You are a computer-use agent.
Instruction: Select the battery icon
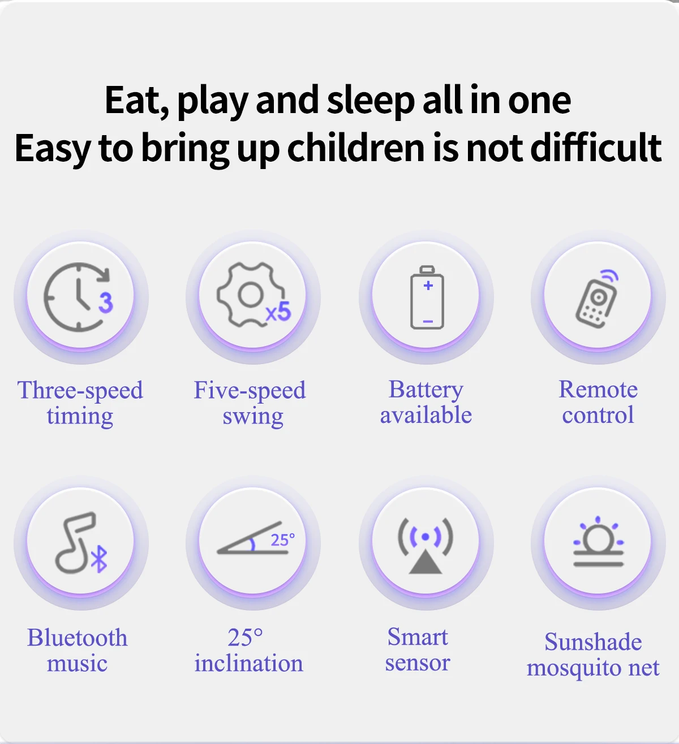click(x=427, y=297)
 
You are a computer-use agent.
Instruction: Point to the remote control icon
click(x=597, y=299)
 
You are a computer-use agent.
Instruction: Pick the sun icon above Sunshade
click(x=598, y=542)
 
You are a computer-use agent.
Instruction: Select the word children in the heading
click(x=356, y=148)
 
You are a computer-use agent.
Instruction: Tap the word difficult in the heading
click(x=596, y=148)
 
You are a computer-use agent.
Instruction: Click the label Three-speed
click(x=80, y=391)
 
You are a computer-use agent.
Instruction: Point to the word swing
click(x=253, y=417)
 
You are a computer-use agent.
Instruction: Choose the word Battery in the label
click(x=426, y=390)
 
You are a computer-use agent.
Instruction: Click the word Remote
click(x=598, y=390)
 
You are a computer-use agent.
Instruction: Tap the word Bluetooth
click(x=77, y=638)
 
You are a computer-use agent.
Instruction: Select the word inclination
click(x=249, y=663)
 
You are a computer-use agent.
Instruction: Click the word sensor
click(x=418, y=663)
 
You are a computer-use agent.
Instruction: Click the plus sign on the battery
click(x=428, y=285)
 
